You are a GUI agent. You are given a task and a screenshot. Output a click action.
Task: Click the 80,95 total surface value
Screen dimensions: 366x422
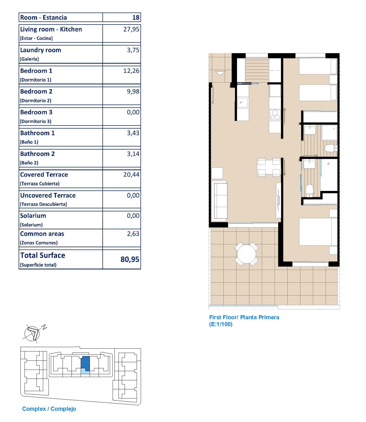130,259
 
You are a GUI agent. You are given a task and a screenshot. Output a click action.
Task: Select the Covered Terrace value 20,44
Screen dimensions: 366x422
131,175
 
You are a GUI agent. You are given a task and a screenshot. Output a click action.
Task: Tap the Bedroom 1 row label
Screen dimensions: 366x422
36,71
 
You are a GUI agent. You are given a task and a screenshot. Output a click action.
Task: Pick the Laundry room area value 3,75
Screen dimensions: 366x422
133,50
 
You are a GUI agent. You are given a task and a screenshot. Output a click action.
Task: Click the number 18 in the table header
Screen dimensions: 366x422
136,17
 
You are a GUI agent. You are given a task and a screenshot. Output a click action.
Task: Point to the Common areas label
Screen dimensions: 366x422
42,234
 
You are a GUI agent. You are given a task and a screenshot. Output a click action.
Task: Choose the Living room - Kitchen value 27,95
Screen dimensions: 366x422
131,29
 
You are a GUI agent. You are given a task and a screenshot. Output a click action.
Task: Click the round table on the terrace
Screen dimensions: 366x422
246,254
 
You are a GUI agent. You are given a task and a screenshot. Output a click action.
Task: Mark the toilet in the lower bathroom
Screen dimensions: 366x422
309,191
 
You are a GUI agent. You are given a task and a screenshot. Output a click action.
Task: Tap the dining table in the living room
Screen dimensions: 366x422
269,167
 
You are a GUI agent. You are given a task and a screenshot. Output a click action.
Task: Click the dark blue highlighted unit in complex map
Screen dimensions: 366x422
85,363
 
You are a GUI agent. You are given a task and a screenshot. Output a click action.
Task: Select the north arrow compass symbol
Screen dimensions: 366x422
32,334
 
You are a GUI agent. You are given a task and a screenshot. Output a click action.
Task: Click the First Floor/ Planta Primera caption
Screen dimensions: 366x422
244,317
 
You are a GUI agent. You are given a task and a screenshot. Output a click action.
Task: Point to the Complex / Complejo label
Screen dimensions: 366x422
49,409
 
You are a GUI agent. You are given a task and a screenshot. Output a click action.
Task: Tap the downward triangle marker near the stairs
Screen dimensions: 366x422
220,73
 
